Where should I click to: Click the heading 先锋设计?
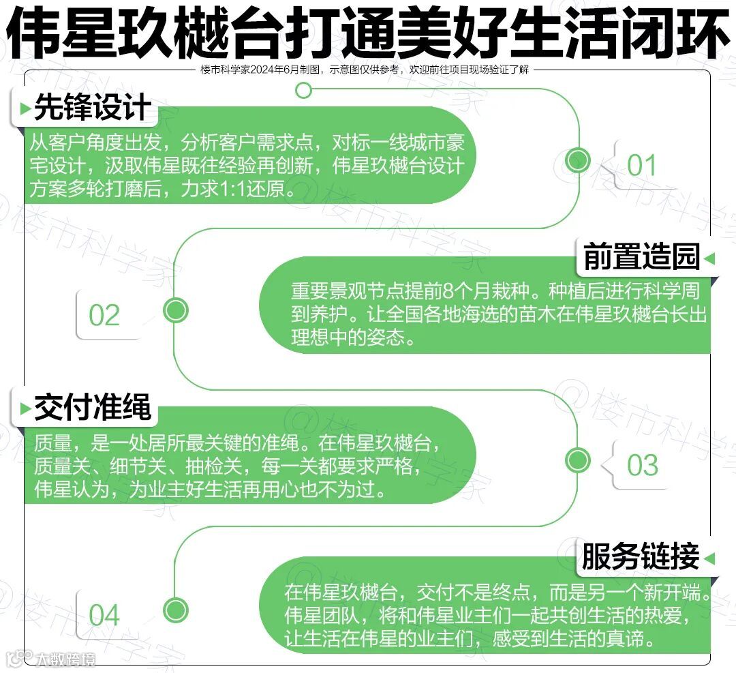click(92, 108)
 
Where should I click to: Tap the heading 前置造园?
click(641, 258)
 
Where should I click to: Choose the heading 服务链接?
click(640, 557)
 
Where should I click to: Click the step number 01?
click(641, 166)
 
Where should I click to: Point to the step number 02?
click(104, 316)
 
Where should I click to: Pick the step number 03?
click(643, 466)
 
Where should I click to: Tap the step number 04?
click(104, 616)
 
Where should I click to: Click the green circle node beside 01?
click(579, 160)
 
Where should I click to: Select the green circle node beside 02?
click(176, 310)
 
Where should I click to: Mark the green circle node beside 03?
click(578, 460)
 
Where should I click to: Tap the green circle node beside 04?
click(176, 609)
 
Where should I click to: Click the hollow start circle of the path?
click(304, 90)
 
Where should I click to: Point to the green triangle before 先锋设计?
click(25, 109)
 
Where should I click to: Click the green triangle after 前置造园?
click(709, 259)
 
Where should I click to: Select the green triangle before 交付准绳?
click(25, 409)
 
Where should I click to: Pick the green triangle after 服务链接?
click(709, 558)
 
